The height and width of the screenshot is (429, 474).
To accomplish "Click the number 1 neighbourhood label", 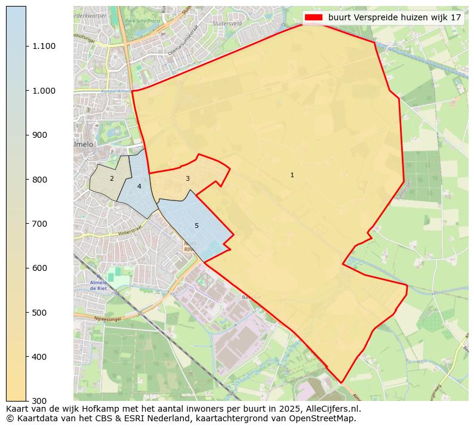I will point(292,175).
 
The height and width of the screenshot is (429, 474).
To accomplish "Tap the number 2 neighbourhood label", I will point(112,178).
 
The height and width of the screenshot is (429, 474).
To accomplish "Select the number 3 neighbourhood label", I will point(187,178).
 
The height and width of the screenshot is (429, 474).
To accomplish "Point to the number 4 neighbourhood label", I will point(139,186).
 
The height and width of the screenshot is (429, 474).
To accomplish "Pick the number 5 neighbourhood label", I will point(196,226).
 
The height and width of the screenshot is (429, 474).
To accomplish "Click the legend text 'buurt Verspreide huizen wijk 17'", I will point(395,17).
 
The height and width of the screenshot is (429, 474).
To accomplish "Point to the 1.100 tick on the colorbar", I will point(44,47).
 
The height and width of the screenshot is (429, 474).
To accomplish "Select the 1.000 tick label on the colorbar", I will point(44,91).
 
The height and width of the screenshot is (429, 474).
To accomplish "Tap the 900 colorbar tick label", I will point(40,135).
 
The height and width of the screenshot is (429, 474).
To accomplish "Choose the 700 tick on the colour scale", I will point(40,224).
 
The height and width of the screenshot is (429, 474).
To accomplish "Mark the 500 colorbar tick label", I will point(40,313).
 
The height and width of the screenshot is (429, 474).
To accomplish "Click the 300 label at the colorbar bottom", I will point(40,400).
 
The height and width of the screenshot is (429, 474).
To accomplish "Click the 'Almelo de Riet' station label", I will point(97,285).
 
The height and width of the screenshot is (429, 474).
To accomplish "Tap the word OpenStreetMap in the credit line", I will point(321,418).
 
